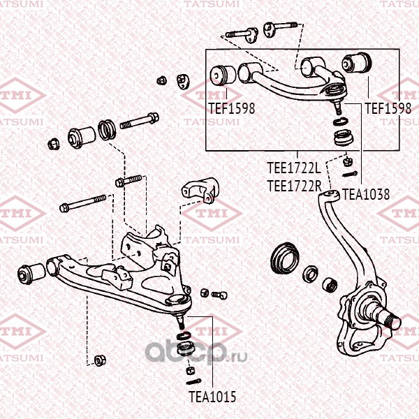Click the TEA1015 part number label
click(x=212, y=397)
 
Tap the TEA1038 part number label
click(x=366, y=195)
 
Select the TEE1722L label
click(x=294, y=168)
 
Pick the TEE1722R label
click(x=294, y=186)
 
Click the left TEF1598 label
click(x=232, y=108)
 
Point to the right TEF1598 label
click(x=388, y=108)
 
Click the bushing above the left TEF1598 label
click(x=223, y=75)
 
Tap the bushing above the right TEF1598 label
click(x=357, y=64)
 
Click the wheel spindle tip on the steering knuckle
click(x=394, y=322)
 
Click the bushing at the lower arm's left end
click(x=31, y=273)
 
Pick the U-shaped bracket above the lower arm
click(x=200, y=190)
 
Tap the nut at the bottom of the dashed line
click(x=100, y=360)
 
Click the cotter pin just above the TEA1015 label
click(x=193, y=381)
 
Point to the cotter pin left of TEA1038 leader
click(x=350, y=174)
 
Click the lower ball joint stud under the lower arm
click(x=181, y=323)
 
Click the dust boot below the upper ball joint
click(x=344, y=138)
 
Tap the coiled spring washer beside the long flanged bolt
click(x=107, y=130)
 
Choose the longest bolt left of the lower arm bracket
click(x=83, y=203)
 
